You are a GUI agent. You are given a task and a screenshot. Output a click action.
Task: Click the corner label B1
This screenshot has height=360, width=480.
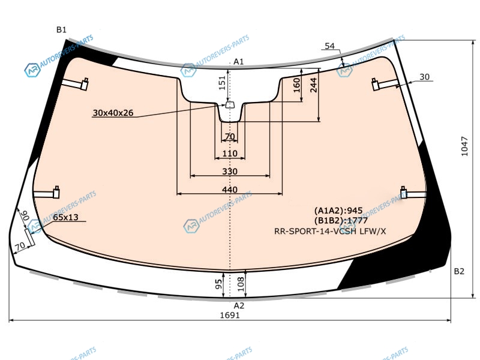point(61,29)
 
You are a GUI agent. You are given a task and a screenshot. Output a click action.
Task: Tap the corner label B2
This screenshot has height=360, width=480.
point(459,271)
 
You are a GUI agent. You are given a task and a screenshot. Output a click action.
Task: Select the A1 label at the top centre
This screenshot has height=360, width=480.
point(238,62)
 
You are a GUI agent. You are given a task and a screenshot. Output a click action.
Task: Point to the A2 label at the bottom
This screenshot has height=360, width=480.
point(239,306)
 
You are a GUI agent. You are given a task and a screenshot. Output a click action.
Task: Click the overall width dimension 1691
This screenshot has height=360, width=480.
point(230,315)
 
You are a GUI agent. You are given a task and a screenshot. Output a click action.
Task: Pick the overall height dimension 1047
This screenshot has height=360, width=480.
point(464,146)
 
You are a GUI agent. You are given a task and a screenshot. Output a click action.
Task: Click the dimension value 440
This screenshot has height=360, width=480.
point(230,190)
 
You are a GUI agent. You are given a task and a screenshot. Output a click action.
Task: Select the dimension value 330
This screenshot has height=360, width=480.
point(230,172)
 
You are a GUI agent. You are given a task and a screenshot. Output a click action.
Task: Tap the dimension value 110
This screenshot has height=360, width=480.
point(230,154)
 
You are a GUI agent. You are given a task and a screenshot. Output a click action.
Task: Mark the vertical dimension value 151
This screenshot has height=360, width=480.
point(222,83)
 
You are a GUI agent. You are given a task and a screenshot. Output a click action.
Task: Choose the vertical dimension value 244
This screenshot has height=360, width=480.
point(313,85)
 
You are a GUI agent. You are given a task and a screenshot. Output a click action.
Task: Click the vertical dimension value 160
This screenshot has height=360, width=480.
point(297,85)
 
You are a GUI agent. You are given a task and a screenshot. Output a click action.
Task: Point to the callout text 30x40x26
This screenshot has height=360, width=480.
point(113,113)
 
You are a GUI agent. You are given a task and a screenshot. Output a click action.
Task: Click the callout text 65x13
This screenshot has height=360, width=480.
point(65,217)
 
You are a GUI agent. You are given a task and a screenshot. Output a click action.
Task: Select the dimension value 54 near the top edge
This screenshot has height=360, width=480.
point(329,46)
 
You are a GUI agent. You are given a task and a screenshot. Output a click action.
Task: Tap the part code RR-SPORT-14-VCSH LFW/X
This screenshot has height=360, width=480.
point(330,232)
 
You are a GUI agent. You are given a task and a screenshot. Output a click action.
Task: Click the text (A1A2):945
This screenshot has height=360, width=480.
point(338,211)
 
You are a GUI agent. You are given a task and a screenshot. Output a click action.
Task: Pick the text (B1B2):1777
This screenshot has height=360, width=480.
point(341,221)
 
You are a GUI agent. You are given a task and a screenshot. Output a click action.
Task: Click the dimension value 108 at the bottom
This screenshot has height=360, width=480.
point(241,284)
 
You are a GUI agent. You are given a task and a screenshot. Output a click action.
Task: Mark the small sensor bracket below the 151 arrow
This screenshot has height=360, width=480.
point(230,105)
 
